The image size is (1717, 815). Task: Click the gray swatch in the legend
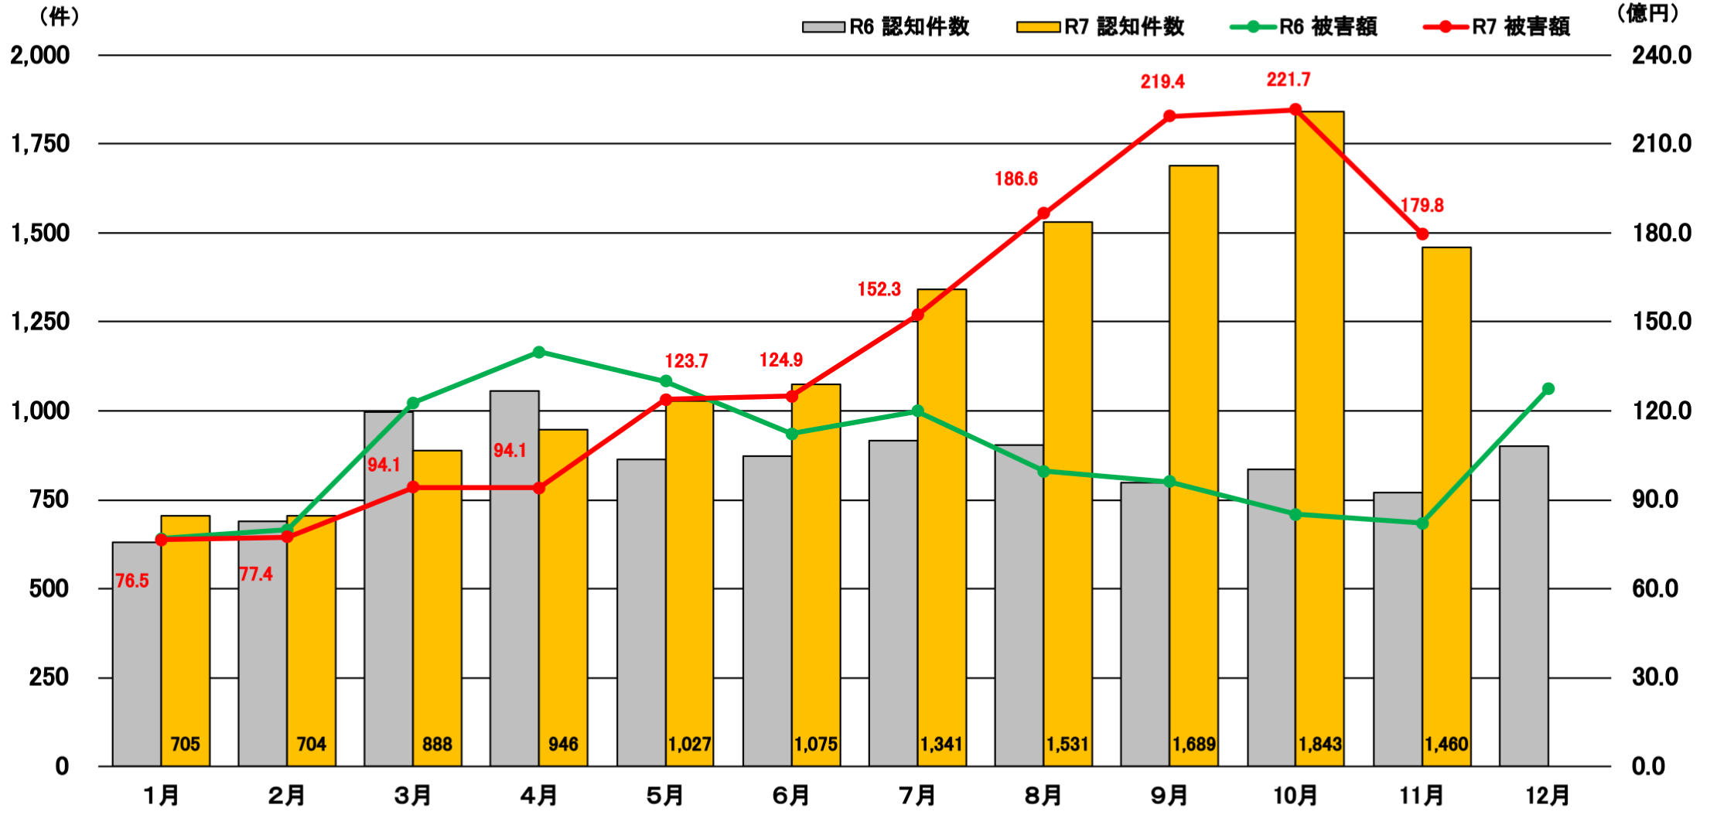824,27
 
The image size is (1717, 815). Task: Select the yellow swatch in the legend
1038,27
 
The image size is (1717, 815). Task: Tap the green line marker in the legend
1253,27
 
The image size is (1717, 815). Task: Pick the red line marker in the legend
1446,27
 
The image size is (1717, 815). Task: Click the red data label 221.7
1289,80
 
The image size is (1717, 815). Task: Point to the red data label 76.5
131,581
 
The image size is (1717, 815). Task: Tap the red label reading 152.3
879,290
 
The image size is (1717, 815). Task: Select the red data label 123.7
686,361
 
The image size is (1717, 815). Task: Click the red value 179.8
1422,206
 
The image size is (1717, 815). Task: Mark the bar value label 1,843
1319,744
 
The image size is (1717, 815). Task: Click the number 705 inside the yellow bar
185,744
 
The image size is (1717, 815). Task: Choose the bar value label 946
563,744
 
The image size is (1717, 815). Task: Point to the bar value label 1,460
1446,744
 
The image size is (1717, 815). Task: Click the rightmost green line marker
1548,389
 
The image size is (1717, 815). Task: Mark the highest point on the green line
539,353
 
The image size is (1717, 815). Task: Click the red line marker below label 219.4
1169,116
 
